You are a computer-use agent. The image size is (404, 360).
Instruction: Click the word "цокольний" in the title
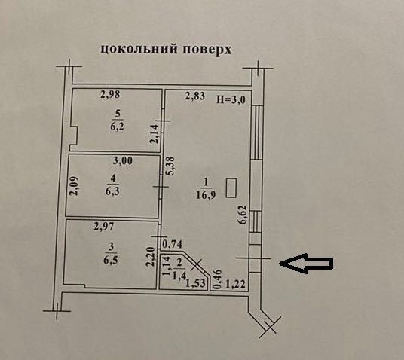tap(139, 49)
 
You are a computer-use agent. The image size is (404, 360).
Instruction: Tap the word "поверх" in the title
tap(207, 50)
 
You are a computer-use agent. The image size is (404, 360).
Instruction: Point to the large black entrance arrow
tap(306, 263)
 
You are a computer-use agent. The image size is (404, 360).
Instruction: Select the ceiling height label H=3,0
tap(231, 99)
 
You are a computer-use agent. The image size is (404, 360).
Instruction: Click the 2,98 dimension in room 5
tap(110, 94)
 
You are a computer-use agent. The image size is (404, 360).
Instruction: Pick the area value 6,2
tap(118, 127)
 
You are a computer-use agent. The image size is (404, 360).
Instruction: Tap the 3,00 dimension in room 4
tap(123, 161)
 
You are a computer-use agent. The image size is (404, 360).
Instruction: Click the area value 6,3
tap(112, 191)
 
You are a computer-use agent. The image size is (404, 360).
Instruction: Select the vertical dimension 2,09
tap(75, 186)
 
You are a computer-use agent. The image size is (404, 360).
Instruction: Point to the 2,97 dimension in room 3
tap(103, 227)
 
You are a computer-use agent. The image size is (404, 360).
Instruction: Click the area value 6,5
tap(111, 260)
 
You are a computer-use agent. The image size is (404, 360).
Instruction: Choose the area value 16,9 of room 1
tap(206, 194)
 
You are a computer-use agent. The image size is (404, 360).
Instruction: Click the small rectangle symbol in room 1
tap(231, 188)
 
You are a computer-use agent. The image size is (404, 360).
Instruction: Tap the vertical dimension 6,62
tap(243, 215)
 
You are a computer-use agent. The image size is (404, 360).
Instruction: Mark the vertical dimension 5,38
tap(170, 166)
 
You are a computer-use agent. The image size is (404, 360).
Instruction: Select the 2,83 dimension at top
tap(195, 96)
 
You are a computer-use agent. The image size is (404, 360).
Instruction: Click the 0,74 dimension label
tap(173, 244)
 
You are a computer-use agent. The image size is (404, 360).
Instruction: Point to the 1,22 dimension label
tap(235, 285)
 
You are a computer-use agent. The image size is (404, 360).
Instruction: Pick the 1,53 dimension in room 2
tap(196, 283)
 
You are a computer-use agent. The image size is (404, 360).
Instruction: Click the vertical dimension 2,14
tap(155, 133)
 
